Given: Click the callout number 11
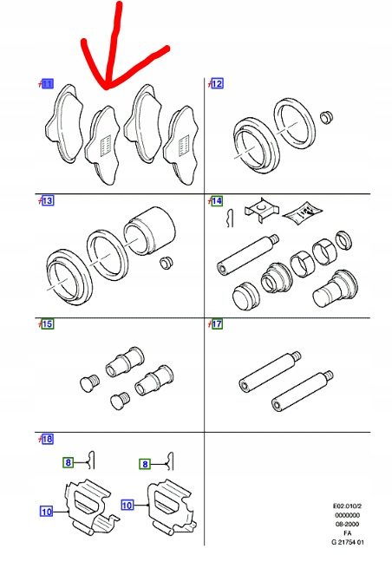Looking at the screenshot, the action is pos(48,84).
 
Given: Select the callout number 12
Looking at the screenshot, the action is pos(217,83).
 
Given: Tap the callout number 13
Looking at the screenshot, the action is pos(48,200).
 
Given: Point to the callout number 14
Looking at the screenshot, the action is pos(217,201).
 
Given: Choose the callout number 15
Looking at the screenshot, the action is pos(48,323).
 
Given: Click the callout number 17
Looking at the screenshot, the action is pos(217,323).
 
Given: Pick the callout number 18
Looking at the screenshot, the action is pos(48,440).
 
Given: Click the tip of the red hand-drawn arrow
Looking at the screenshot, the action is pos(106,88).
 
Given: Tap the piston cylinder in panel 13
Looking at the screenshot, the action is pos(149,232).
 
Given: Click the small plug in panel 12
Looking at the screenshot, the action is pos(326,117).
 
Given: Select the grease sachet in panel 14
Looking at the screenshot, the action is pos(302,213).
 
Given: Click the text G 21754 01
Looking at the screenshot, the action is pos(347,542).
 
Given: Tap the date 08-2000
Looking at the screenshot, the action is pos(347,524).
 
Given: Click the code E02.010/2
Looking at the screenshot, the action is pos(347,506).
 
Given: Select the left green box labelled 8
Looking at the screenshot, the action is pos(69,462).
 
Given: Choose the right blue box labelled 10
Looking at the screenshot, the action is pos(127,505).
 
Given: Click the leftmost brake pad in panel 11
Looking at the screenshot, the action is pos(64,123).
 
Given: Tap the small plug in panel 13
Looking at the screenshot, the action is pos(167,263).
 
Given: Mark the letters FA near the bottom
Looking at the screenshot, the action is pos(347,533).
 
